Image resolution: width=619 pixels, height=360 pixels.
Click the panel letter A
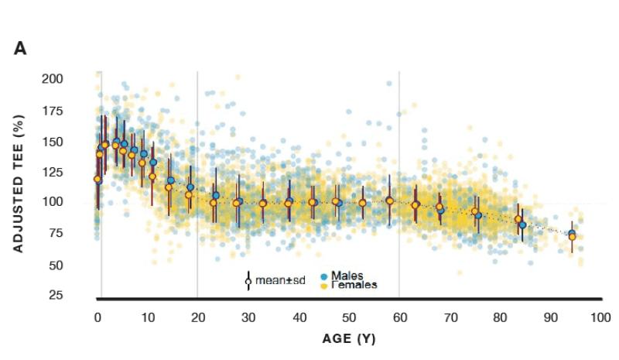(x=20, y=49)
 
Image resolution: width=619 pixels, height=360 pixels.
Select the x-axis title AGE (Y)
(x=349, y=339)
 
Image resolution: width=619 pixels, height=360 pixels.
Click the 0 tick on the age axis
(x=97, y=317)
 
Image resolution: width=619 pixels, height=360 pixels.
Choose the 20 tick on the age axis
(x=197, y=317)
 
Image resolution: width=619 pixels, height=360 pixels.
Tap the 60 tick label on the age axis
(x=399, y=317)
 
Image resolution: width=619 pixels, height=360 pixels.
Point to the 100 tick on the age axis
(x=600, y=317)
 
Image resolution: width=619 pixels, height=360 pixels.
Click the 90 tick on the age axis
(x=550, y=317)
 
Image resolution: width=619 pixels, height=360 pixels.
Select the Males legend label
(x=347, y=276)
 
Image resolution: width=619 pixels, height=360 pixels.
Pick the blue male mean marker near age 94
(x=572, y=234)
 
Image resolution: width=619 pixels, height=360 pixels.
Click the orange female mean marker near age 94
(x=573, y=237)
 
